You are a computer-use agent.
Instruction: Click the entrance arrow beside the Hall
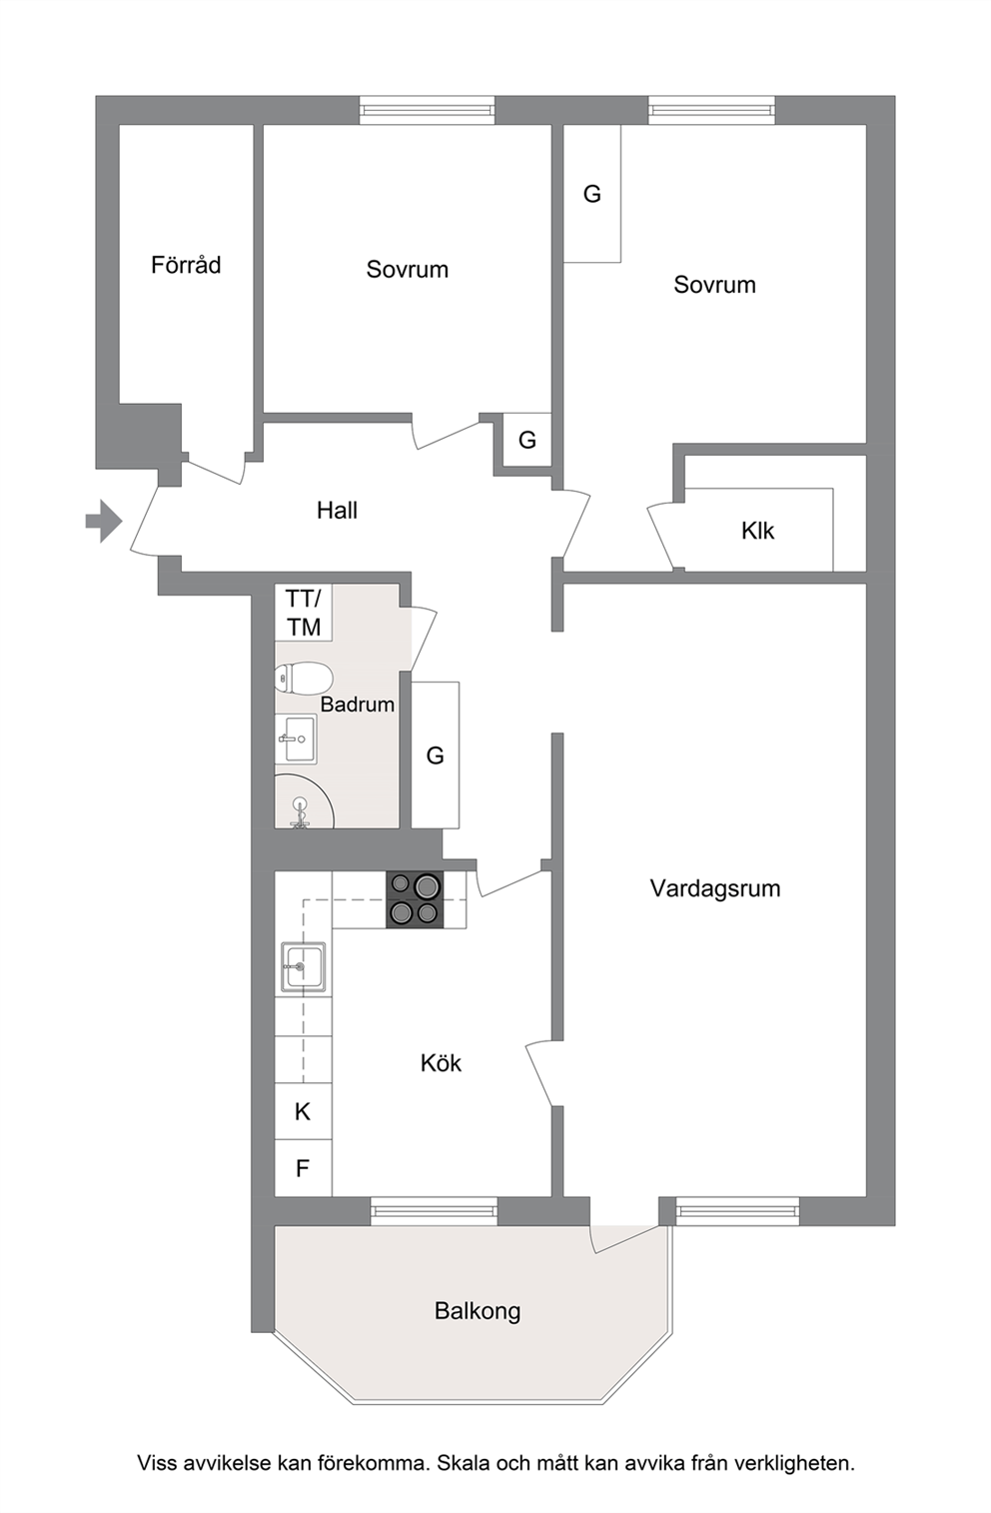pos(103,522)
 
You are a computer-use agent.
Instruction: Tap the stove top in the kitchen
pos(415,899)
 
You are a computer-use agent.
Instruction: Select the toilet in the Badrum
pos(304,678)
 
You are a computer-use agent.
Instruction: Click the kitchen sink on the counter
pos(303,967)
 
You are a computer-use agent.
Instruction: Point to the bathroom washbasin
pos(297,739)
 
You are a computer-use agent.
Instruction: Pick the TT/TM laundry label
pos(304,613)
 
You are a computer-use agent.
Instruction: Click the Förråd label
pos(186,265)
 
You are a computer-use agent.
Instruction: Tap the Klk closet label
pos(757,531)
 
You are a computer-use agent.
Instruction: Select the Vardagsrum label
pos(715,888)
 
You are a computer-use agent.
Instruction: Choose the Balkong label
pos(478,1311)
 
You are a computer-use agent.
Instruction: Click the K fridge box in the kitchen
pos(303,1111)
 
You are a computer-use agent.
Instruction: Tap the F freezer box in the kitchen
pos(303,1168)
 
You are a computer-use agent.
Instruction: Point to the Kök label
pos(441,1063)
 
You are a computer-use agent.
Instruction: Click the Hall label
pos(337,510)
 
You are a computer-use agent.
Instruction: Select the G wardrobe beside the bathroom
pos(436,756)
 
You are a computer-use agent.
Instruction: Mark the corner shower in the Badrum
pos(304,801)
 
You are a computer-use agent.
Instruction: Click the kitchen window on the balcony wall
pos(435,1210)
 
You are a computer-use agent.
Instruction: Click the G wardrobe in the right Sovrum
pos(592,194)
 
